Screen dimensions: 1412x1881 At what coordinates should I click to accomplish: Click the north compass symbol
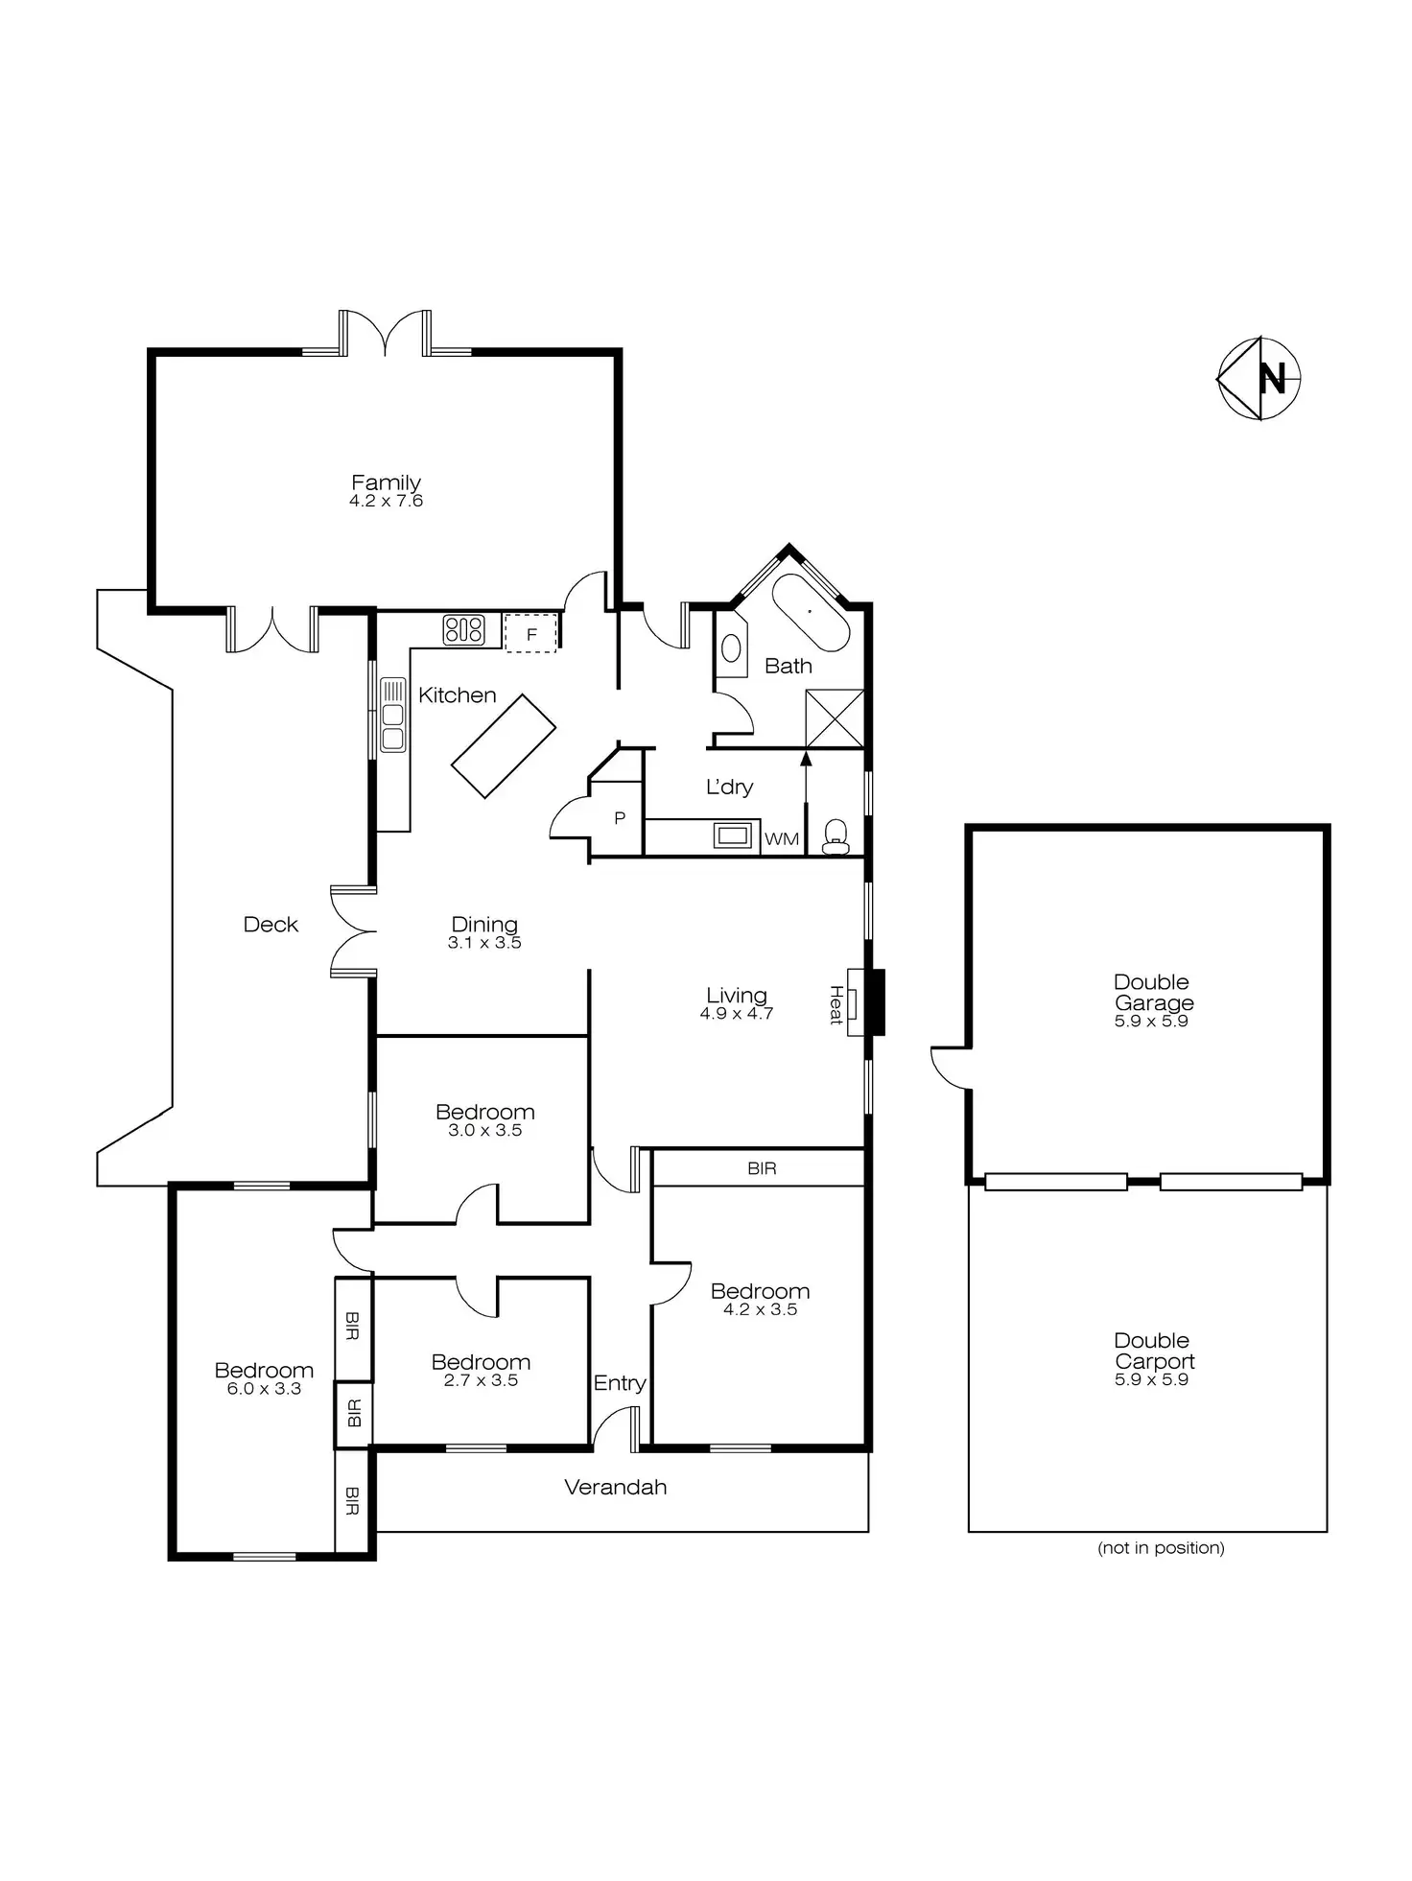coord(1259,378)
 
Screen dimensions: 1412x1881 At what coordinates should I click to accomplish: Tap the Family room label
coord(386,482)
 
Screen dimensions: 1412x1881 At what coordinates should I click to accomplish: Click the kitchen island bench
coord(504,745)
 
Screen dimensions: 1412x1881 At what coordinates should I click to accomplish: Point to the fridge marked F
coord(530,634)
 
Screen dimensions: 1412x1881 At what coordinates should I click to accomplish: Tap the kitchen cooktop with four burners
coord(463,630)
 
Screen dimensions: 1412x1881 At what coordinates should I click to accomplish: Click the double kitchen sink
coord(392,714)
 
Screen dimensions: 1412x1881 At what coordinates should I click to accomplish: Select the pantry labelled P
coord(619,818)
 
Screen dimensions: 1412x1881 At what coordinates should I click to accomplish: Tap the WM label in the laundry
coord(782,839)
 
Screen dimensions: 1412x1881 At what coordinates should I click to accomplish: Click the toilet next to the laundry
coord(835,835)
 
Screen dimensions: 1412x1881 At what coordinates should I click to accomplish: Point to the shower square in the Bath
coord(835,718)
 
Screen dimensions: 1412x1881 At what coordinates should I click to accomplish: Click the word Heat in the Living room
coord(836,1004)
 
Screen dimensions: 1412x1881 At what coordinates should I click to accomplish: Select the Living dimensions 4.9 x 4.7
coord(736,1014)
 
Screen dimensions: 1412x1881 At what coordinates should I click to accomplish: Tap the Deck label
coord(271,925)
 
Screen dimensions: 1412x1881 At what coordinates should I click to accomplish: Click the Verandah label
coord(615,1487)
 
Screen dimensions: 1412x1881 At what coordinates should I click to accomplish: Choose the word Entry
coord(619,1382)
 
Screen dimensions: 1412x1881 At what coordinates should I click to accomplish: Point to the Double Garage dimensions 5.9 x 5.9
coord(1151,1022)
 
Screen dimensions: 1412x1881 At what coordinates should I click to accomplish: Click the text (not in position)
coord(1161,1547)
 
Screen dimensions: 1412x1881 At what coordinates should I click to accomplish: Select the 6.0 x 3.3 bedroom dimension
coord(264,1389)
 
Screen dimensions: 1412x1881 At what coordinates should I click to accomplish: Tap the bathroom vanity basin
coord(731,648)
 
